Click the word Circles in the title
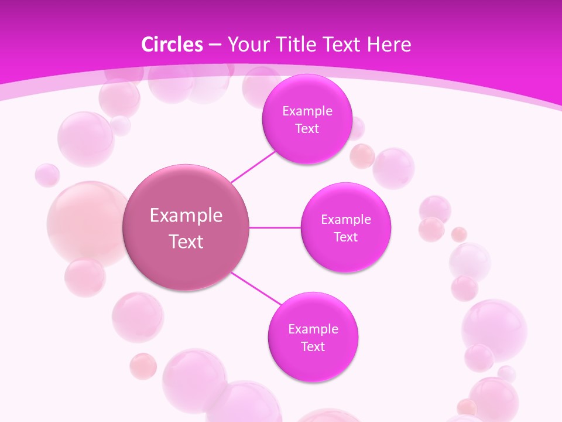pyautogui.click(x=172, y=45)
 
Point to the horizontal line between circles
pyautogui.click(x=275, y=227)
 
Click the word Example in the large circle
pyautogui.click(x=186, y=216)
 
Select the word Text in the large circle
pyautogui.click(x=186, y=241)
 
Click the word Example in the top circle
pyautogui.click(x=307, y=111)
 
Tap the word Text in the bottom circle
pyautogui.click(x=313, y=346)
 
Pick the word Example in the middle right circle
pyautogui.click(x=345, y=220)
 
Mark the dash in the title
pyautogui.click(x=214, y=45)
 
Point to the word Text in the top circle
pyautogui.click(x=307, y=129)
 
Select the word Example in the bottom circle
pyautogui.click(x=313, y=329)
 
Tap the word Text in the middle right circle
pyautogui.click(x=345, y=237)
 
